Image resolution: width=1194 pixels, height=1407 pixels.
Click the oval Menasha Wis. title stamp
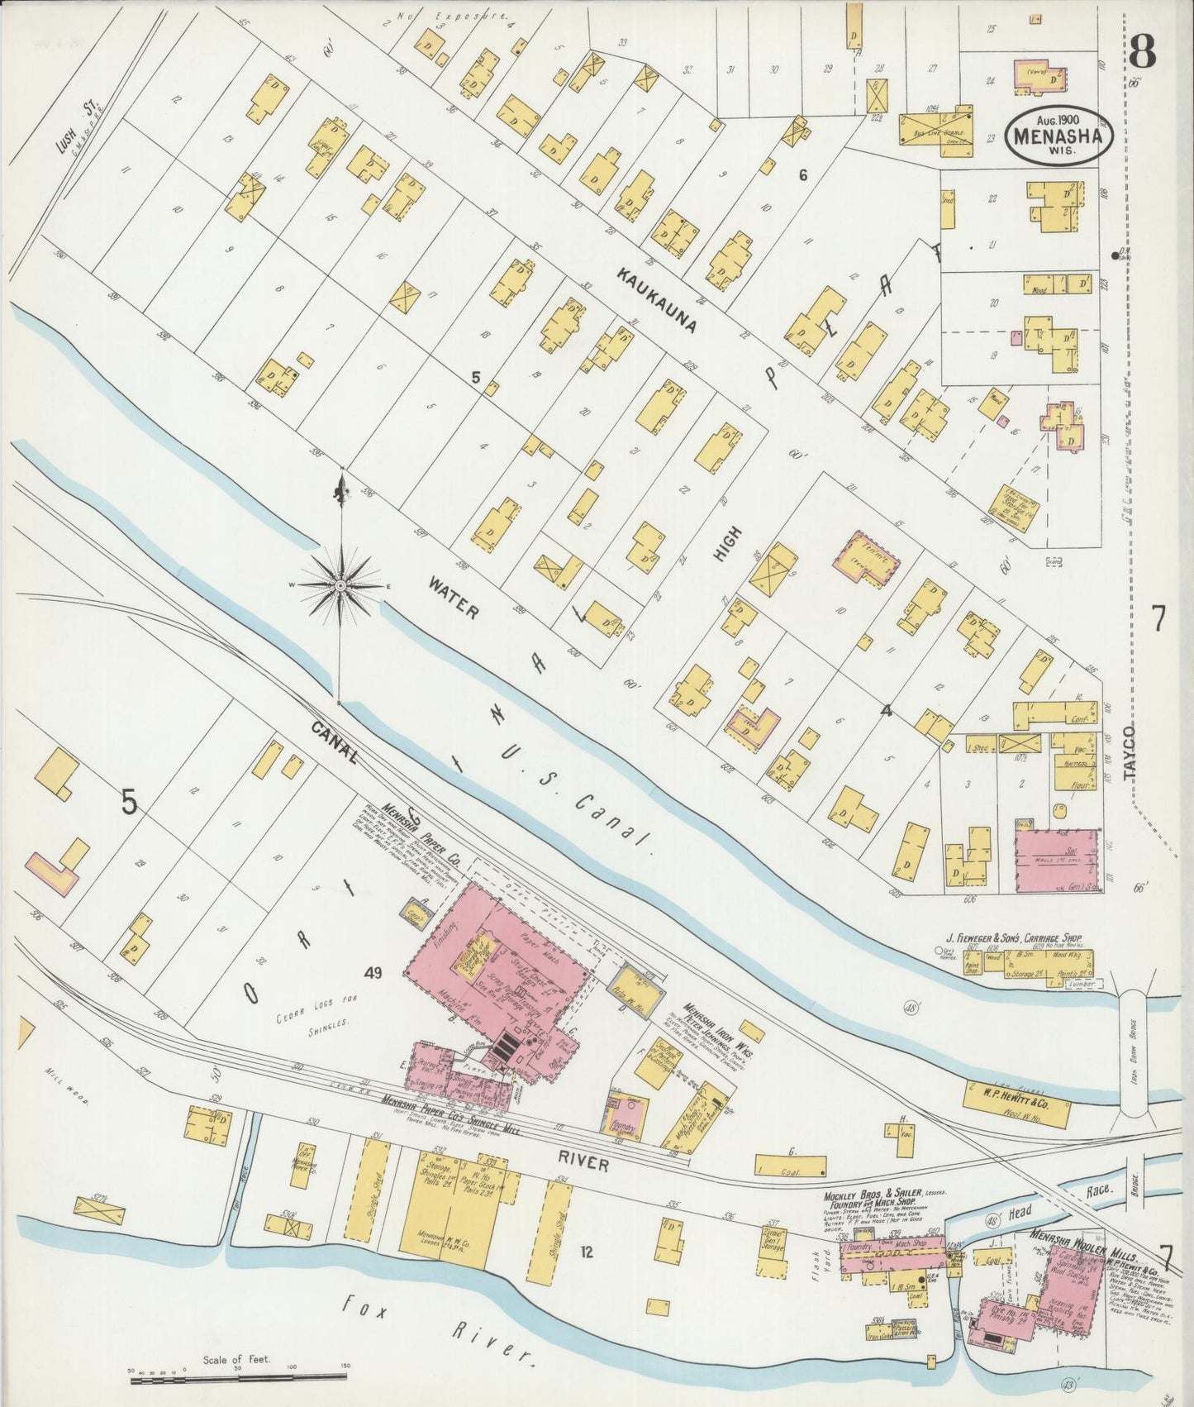(1058, 134)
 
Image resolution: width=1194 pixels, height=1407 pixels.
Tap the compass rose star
(340, 585)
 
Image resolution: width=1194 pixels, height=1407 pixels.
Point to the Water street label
(453, 598)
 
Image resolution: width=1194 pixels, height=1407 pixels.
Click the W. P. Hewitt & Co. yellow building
(1016, 1100)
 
